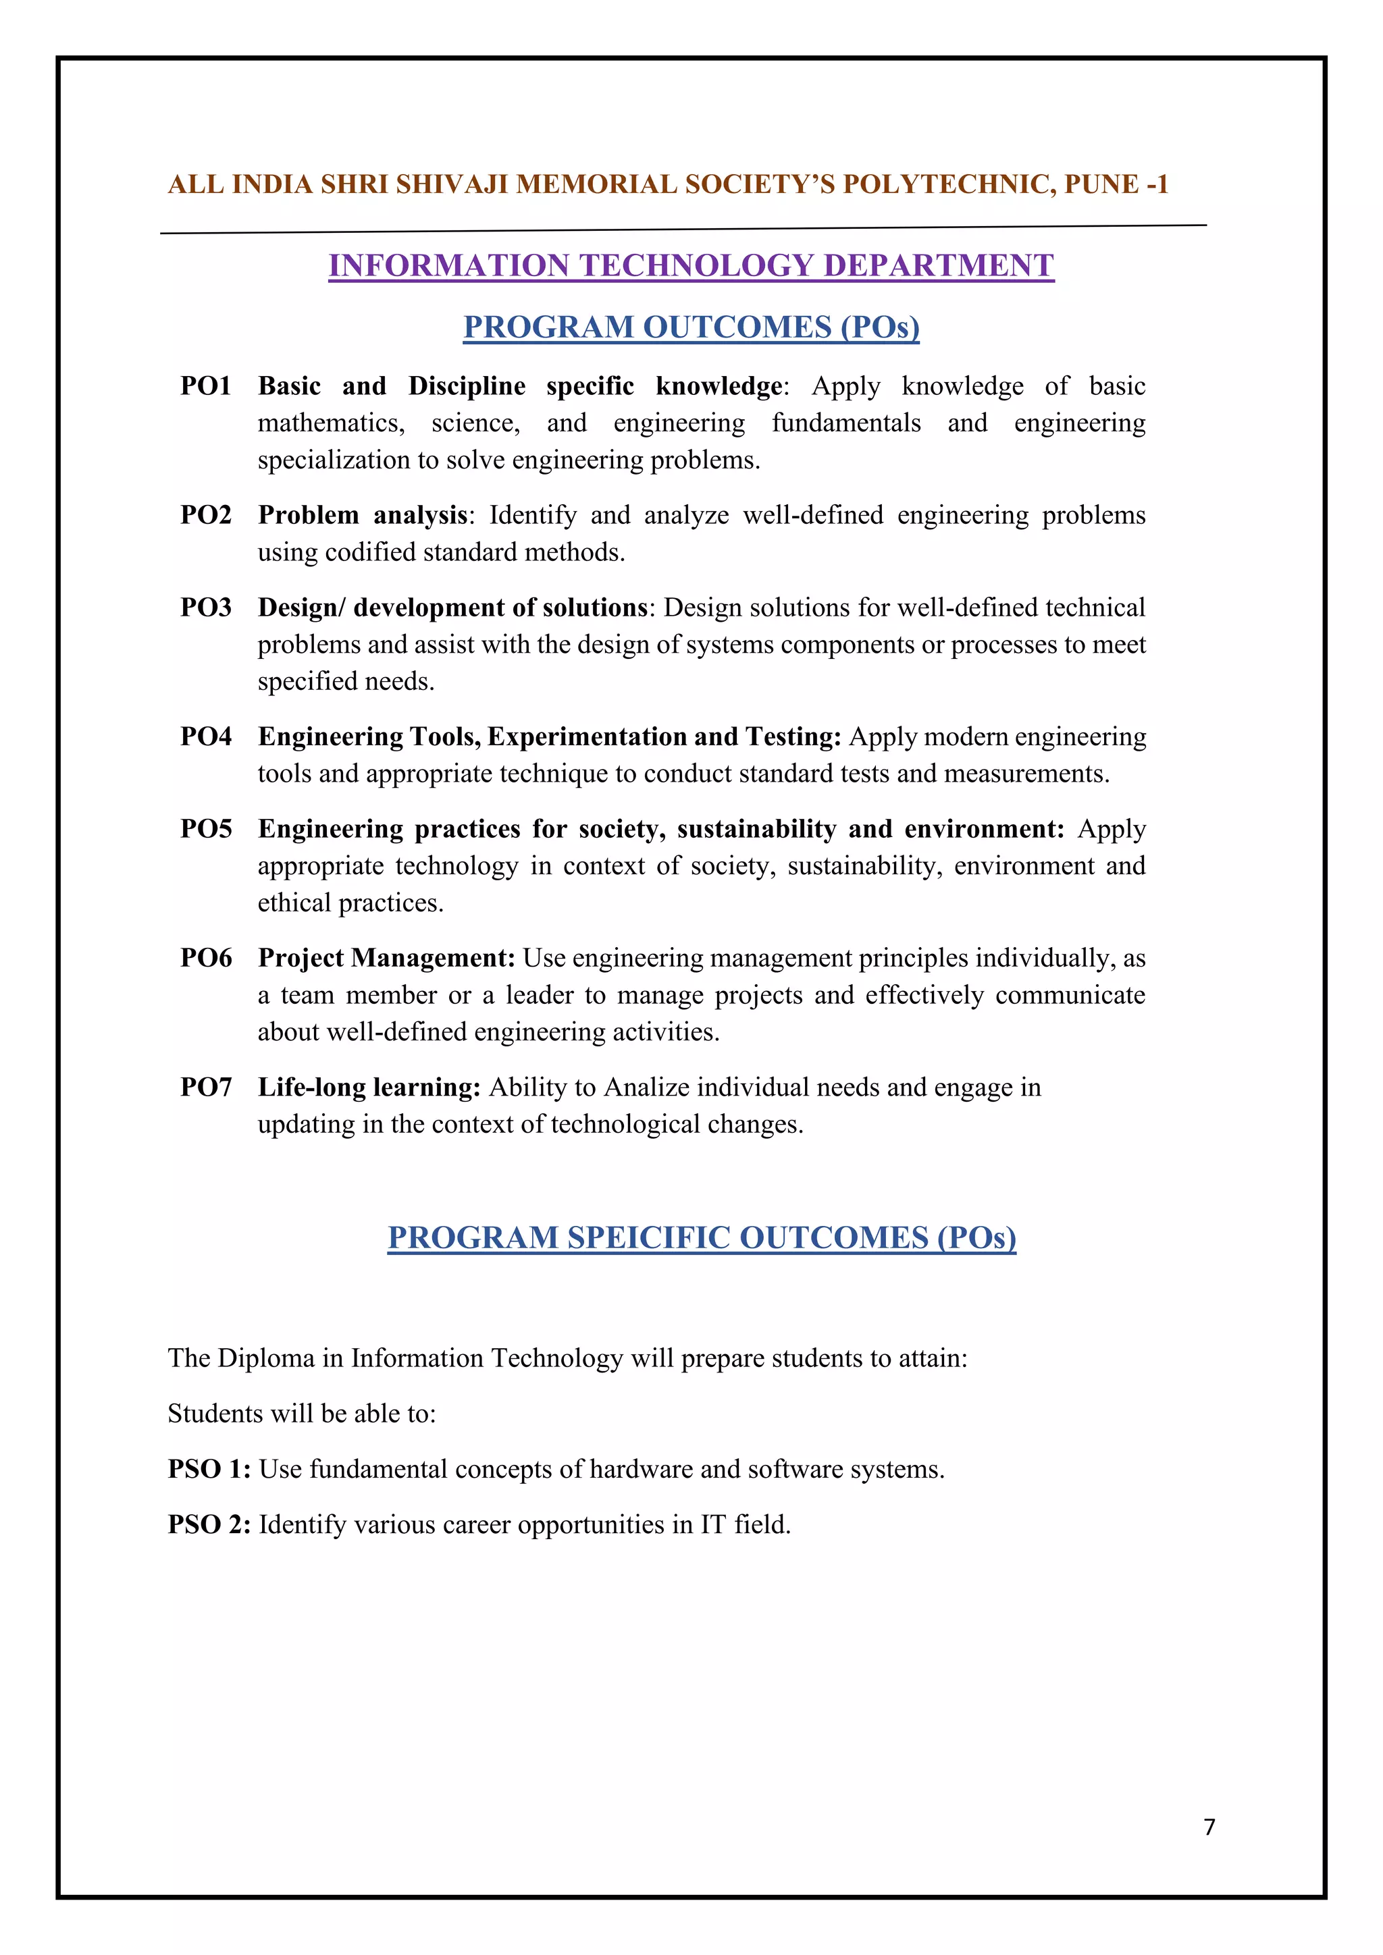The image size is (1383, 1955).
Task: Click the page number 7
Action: click(x=1209, y=1827)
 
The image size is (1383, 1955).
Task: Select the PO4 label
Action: click(x=206, y=737)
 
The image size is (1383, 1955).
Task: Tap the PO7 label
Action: click(x=206, y=1088)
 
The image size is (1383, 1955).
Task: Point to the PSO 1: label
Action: click(x=209, y=1469)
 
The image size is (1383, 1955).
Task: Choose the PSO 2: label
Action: click(x=209, y=1524)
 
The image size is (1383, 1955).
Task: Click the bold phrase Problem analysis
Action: click(x=363, y=515)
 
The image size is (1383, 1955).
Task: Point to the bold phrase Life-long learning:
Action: click(x=369, y=1088)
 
